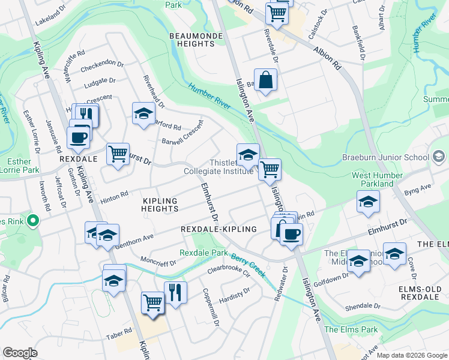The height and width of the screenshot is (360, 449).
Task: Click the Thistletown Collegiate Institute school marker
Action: point(248,154)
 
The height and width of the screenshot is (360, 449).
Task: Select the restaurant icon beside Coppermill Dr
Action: point(175,293)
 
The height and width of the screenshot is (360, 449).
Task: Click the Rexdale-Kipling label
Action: point(218,229)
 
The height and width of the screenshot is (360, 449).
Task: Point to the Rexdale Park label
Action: point(203,253)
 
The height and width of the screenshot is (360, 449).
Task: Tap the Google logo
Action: point(20,352)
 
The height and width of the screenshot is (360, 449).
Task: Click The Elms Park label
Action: point(351,329)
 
